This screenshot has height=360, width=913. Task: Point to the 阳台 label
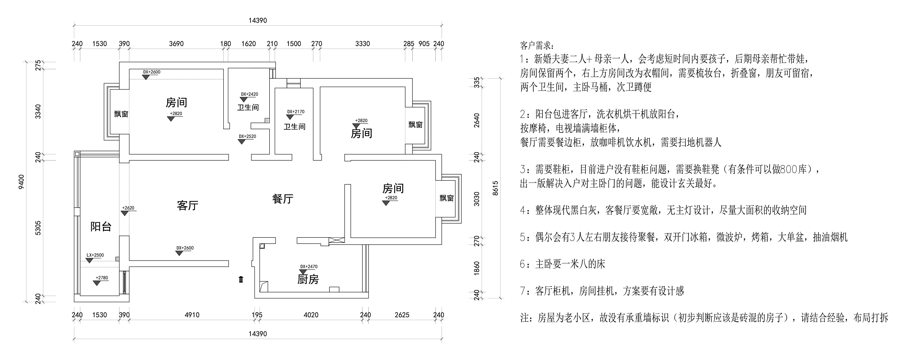[x=101, y=226]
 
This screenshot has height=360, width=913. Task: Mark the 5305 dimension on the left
[x=38, y=228]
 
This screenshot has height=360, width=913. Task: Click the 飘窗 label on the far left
[x=121, y=114]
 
